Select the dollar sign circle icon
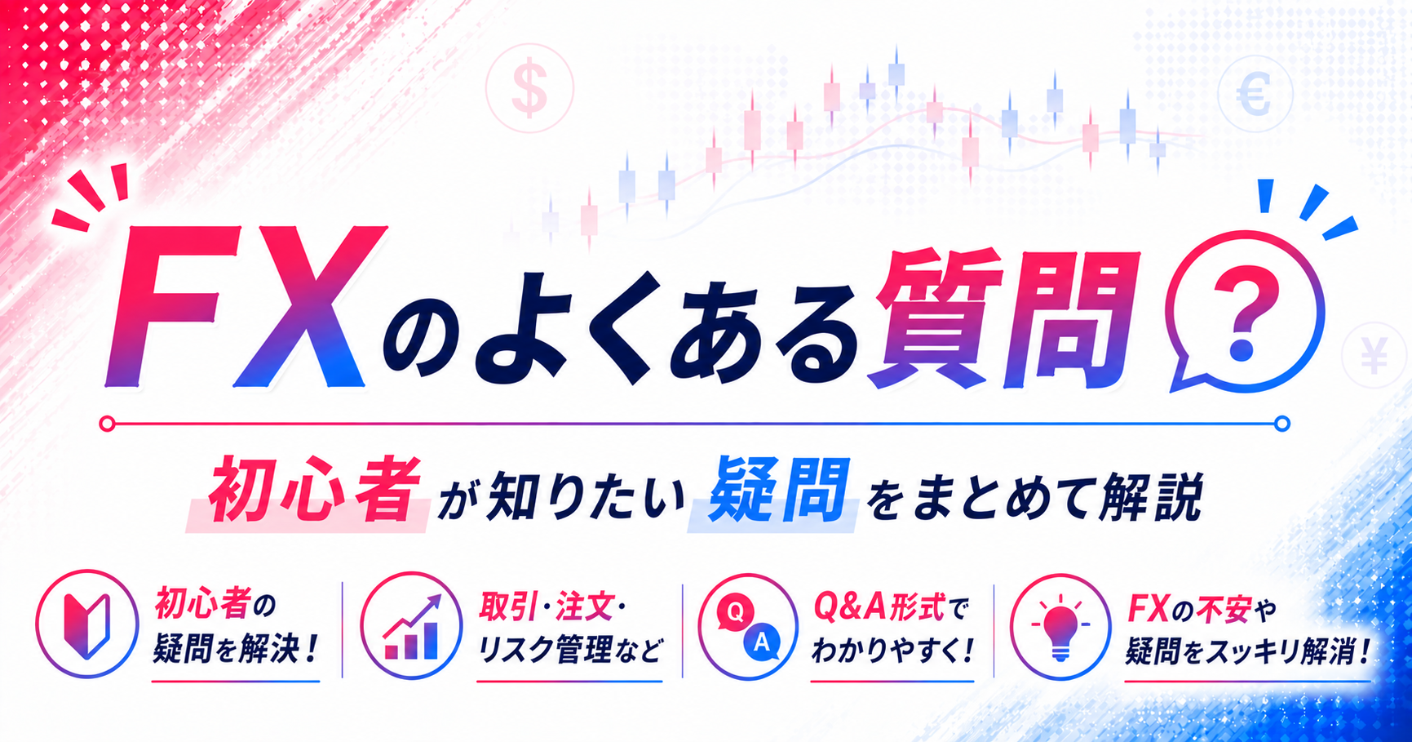[x=529, y=88]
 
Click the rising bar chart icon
[x=412, y=627]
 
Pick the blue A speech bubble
[x=762, y=642]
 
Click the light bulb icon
[x=1060, y=627]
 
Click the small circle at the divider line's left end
[x=107, y=424]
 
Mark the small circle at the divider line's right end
[x=1282, y=424]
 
